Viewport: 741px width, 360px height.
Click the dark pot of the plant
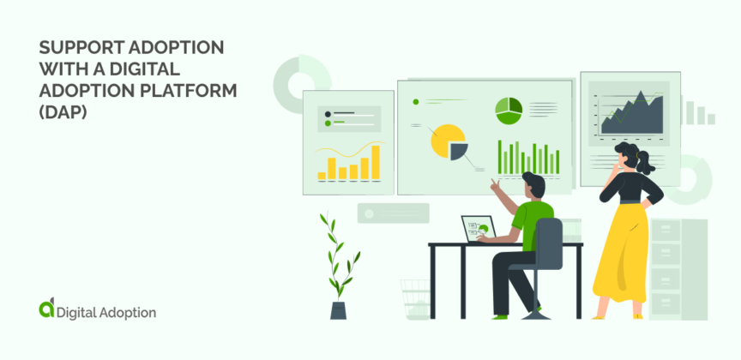pyautogui.click(x=339, y=309)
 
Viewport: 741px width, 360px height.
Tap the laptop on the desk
pyautogui.click(x=476, y=229)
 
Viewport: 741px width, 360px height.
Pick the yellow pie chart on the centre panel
pyautogui.click(x=445, y=140)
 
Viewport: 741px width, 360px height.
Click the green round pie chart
pyautogui.click(x=508, y=109)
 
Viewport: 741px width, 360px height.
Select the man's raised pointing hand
pyautogui.click(x=495, y=183)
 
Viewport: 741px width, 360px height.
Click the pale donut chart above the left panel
pyautogui.click(x=301, y=80)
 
